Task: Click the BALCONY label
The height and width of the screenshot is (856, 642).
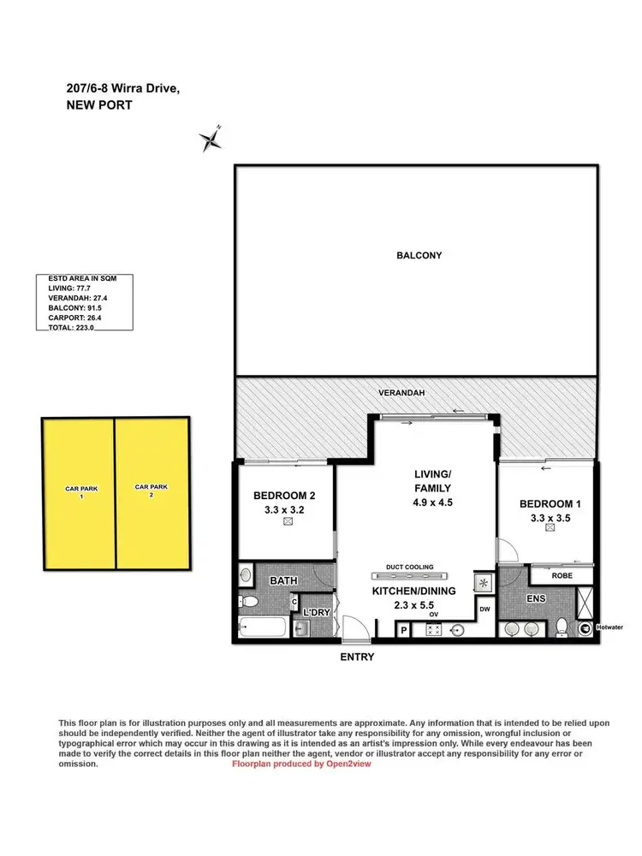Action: click(419, 255)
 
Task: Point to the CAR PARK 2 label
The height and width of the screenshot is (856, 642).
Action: click(152, 490)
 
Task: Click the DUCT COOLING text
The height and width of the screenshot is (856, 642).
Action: click(410, 567)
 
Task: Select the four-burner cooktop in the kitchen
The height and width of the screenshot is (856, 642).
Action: click(432, 631)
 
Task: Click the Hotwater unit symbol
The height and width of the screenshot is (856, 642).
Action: click(586, 628)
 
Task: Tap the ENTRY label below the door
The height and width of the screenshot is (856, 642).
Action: click(356, 657)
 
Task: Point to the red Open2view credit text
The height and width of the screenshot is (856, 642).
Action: click(301, 764)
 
